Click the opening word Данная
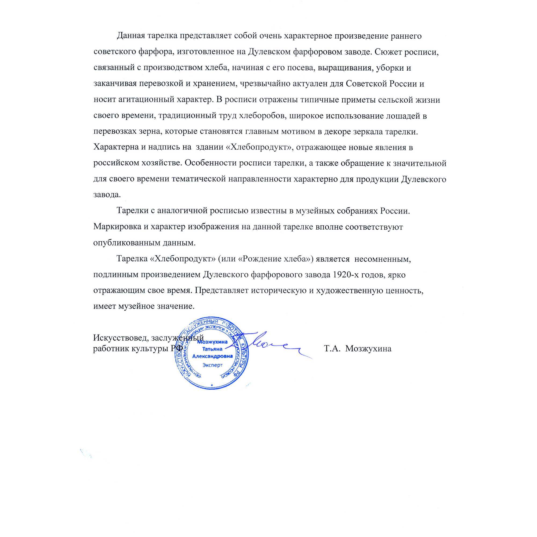[130, 36]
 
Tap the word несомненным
[382, 259]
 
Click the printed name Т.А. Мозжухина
[358, 349]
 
